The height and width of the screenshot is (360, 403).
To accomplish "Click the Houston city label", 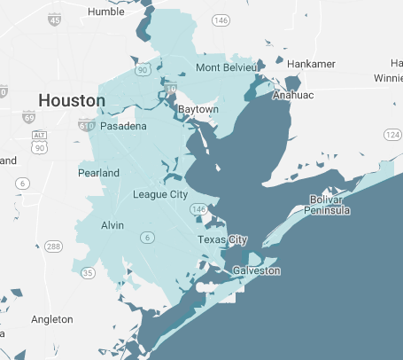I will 71,100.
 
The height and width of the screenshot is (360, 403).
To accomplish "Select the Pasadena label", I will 123,127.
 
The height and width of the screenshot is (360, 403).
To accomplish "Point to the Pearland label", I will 98,173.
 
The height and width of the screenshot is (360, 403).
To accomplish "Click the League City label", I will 159,194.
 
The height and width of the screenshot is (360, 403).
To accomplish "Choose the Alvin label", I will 112,225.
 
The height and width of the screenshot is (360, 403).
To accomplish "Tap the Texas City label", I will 222,240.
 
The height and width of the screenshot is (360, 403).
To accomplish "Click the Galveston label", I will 257,270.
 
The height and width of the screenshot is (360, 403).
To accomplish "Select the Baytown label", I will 198,109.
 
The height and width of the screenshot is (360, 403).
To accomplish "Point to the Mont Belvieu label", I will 226,67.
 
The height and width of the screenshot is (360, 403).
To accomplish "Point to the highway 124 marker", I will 392,134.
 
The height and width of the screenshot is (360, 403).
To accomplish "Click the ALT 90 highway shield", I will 39,137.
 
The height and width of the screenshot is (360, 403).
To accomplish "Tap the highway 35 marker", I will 87,273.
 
